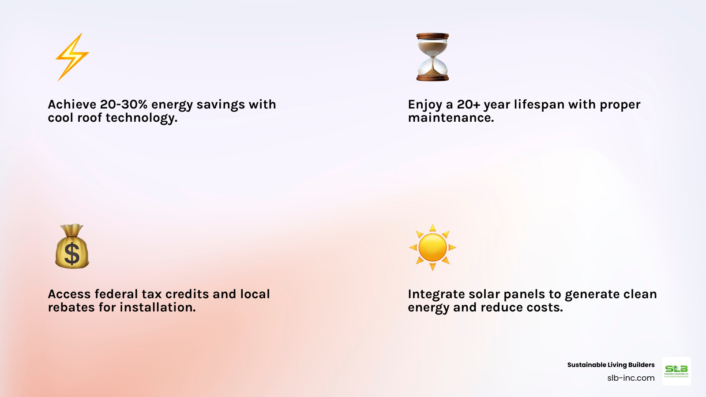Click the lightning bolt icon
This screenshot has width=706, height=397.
(72, 57)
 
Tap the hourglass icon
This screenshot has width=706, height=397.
(432, 57)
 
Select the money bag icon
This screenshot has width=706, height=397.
(72, 247)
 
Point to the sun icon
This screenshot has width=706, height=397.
(432, 247)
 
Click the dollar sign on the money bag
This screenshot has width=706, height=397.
(72, 255)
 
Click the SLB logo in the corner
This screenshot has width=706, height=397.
(676, 371)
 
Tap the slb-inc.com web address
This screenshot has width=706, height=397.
(631, 378)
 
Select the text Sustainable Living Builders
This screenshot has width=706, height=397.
(611, 365)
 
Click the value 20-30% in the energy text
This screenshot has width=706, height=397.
(124, 105)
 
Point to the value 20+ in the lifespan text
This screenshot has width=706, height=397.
(468, 105)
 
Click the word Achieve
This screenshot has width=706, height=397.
(72, 105)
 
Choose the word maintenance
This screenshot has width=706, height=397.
(451, 118)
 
